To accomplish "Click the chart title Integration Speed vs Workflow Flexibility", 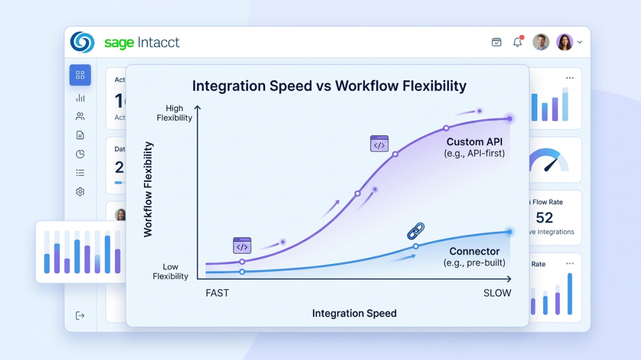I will tap(329, 86).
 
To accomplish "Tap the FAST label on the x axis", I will tap(217, 293).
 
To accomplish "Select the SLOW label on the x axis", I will tap(497, 293).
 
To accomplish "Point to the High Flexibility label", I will tap(174, 113).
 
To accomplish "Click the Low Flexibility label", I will tap(170, 271).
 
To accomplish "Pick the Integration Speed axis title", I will tap(354, 313).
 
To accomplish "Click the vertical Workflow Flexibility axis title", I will tap(148, 189).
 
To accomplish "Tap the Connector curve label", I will tap(474, 252).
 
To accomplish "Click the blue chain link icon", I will tap(415, 231).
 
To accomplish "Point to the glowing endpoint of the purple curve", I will tap(509, 118).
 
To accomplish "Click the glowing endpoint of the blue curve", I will tap(509, 232).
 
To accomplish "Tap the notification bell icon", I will tap(517, 42).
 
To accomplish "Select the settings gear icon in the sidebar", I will tap(80, 192).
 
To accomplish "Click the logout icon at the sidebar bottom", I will tap(80, 316).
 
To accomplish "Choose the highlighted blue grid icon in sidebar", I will tap(80, 75).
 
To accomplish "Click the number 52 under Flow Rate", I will tap(544, 218).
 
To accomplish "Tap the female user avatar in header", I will tap(565, 42).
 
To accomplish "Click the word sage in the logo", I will tap(119, 43).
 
